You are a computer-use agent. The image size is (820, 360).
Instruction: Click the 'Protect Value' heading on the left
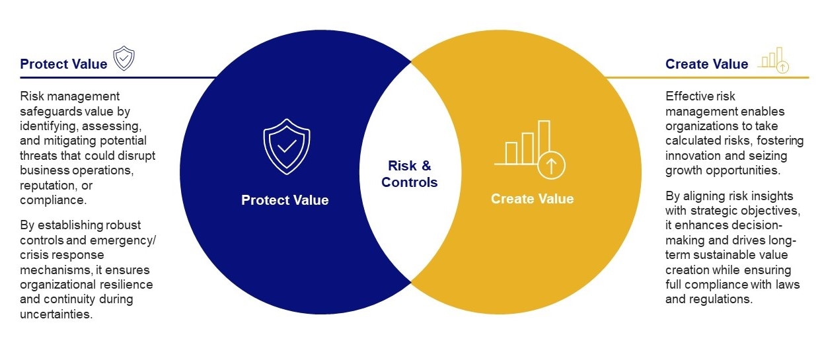point(63,64)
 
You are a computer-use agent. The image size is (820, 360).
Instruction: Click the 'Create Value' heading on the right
point(706,64)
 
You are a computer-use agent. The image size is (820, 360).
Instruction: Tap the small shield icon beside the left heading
point(124,58)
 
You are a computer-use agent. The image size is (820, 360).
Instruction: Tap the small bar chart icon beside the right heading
point(775,60)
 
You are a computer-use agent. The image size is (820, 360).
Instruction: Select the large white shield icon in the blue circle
point(287,147)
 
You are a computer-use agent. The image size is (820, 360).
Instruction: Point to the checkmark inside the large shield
point(287,147)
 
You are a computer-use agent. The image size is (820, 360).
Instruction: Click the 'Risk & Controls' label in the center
point(409,174)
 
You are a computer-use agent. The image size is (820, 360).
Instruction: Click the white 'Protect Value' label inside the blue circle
point(285,200)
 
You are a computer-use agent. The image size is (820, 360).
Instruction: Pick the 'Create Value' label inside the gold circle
point(533,199)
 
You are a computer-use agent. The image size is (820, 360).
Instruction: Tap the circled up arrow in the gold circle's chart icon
point(551,165)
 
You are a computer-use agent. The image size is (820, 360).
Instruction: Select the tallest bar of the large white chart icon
point(544,142)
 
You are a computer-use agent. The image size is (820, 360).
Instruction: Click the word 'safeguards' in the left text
point(46,111)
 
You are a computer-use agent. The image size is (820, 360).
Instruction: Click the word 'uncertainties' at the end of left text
point(56,314)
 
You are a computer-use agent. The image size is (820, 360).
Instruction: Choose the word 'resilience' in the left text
point(128,284)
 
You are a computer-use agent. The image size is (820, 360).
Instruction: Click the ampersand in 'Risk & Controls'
point(426,166)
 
